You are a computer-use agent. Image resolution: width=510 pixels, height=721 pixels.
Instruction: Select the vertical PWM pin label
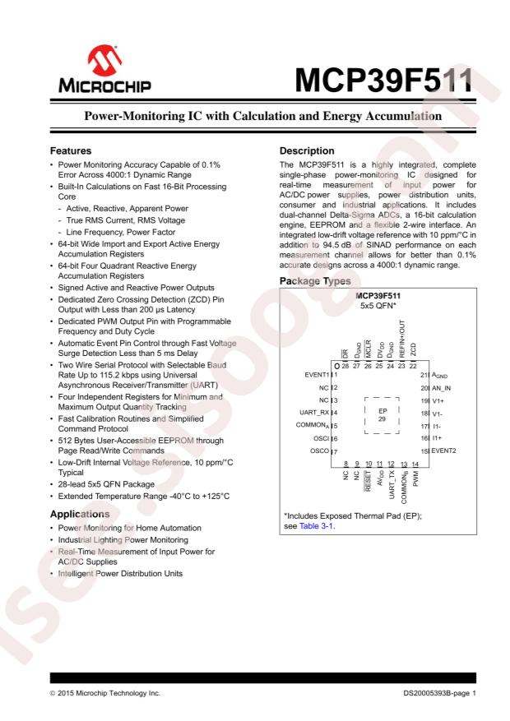[416, 476]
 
